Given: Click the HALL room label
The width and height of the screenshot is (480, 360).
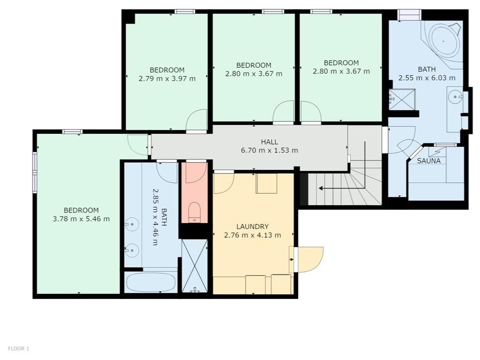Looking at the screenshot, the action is click(269, 142).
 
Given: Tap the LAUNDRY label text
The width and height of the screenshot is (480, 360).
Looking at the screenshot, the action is click(252, 227).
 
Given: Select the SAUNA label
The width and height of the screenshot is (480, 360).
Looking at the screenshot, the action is click(429, 161).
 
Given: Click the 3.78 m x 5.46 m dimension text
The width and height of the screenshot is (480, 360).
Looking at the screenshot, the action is click(81, 219).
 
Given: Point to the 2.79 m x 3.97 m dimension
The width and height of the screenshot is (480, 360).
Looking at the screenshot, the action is click(167, 79).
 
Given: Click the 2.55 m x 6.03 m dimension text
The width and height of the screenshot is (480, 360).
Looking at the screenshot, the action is click(427, 78).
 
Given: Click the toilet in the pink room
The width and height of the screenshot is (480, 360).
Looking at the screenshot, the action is click(194, 212).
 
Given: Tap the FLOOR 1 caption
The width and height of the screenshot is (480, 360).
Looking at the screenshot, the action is click(18, 348).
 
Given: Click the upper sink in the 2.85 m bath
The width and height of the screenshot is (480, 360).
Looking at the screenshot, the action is click(132, 224).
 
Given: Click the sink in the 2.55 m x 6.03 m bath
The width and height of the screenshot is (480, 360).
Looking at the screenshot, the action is click(455, 97).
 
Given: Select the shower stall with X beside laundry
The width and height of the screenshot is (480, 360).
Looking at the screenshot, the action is click(194, 266).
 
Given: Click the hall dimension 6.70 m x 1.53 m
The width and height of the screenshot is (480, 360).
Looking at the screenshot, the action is click(269, 150).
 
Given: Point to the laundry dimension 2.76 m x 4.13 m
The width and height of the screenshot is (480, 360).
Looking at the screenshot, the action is click(252, 235).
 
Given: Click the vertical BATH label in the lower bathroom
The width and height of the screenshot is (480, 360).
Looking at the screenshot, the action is click(164, 217).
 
